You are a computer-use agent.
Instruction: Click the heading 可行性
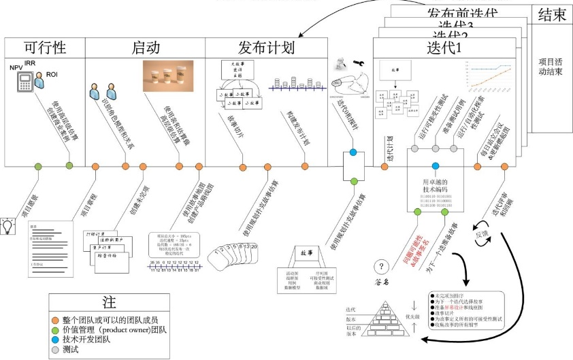(44, 48)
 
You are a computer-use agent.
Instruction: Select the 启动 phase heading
(145, 48)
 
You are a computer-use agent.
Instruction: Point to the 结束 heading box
(551, 15)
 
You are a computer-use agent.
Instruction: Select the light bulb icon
(9, 224)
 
